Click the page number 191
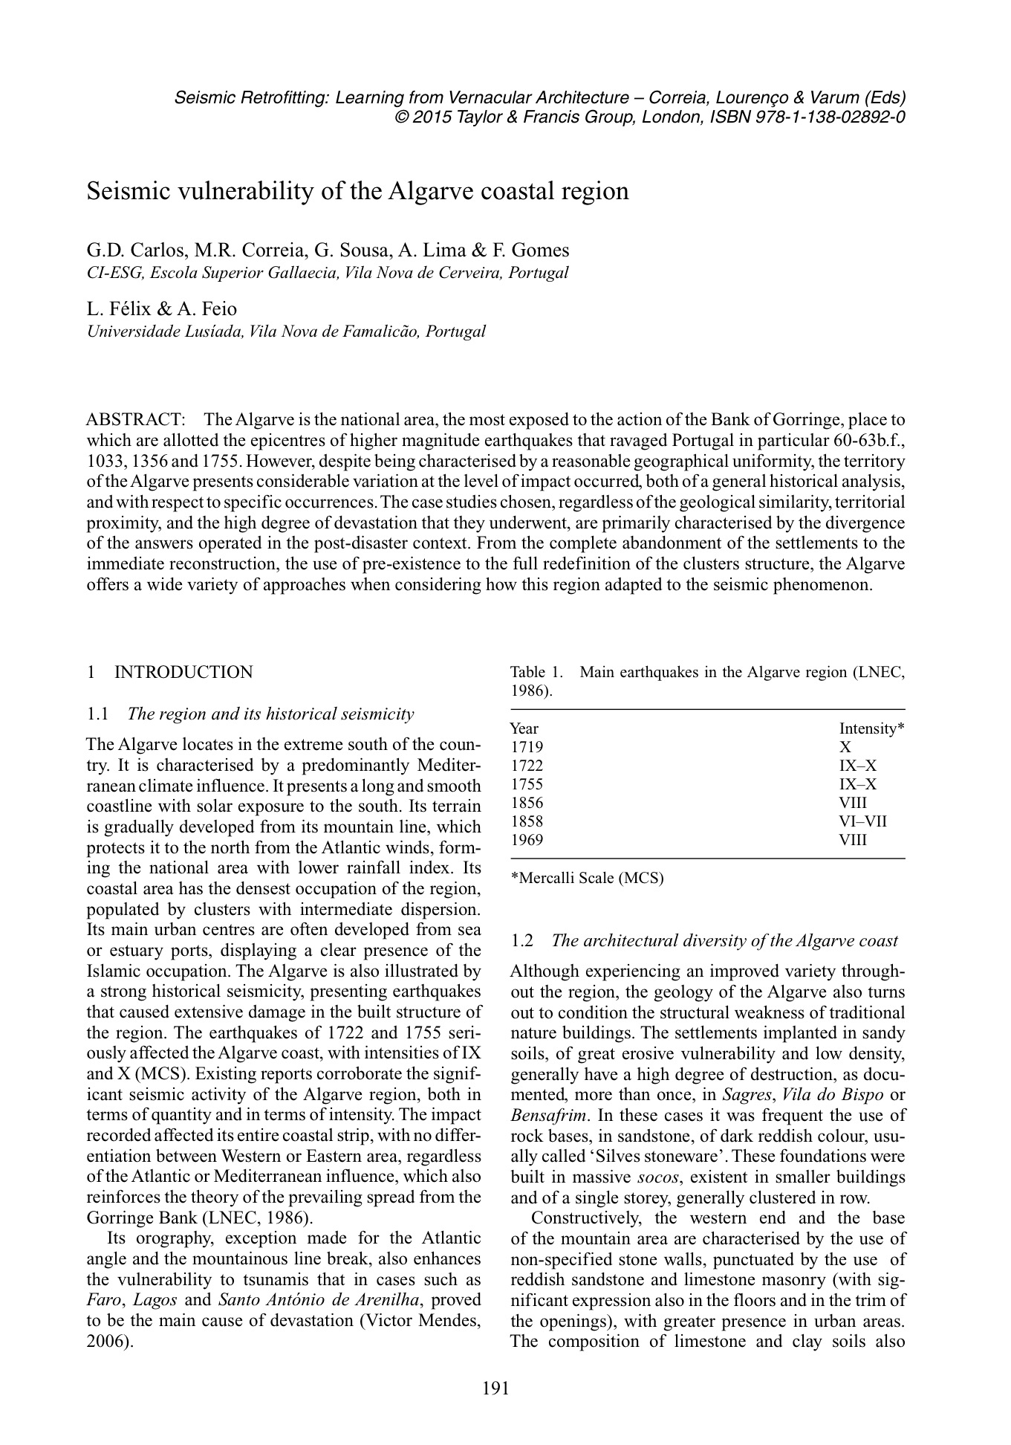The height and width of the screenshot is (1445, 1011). pyautogui.click(x=495, y=1388)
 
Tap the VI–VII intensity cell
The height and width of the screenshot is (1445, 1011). pyautogui.click(x=863, y=821)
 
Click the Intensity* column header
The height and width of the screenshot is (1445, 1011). pyautogui.click(x=871, y=728)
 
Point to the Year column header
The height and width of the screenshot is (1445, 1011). pyautogui.click(x=524, y=728)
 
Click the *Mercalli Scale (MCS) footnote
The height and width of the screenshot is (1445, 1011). pyautogui.click(x=587, y=878)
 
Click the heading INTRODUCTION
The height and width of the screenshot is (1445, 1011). pyautogui.click(x=183, y=672)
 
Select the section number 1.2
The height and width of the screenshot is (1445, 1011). pyautogui.click(x=522, y=941)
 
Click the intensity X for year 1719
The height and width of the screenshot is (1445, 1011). pyautogui.click(x=845, y=747)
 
